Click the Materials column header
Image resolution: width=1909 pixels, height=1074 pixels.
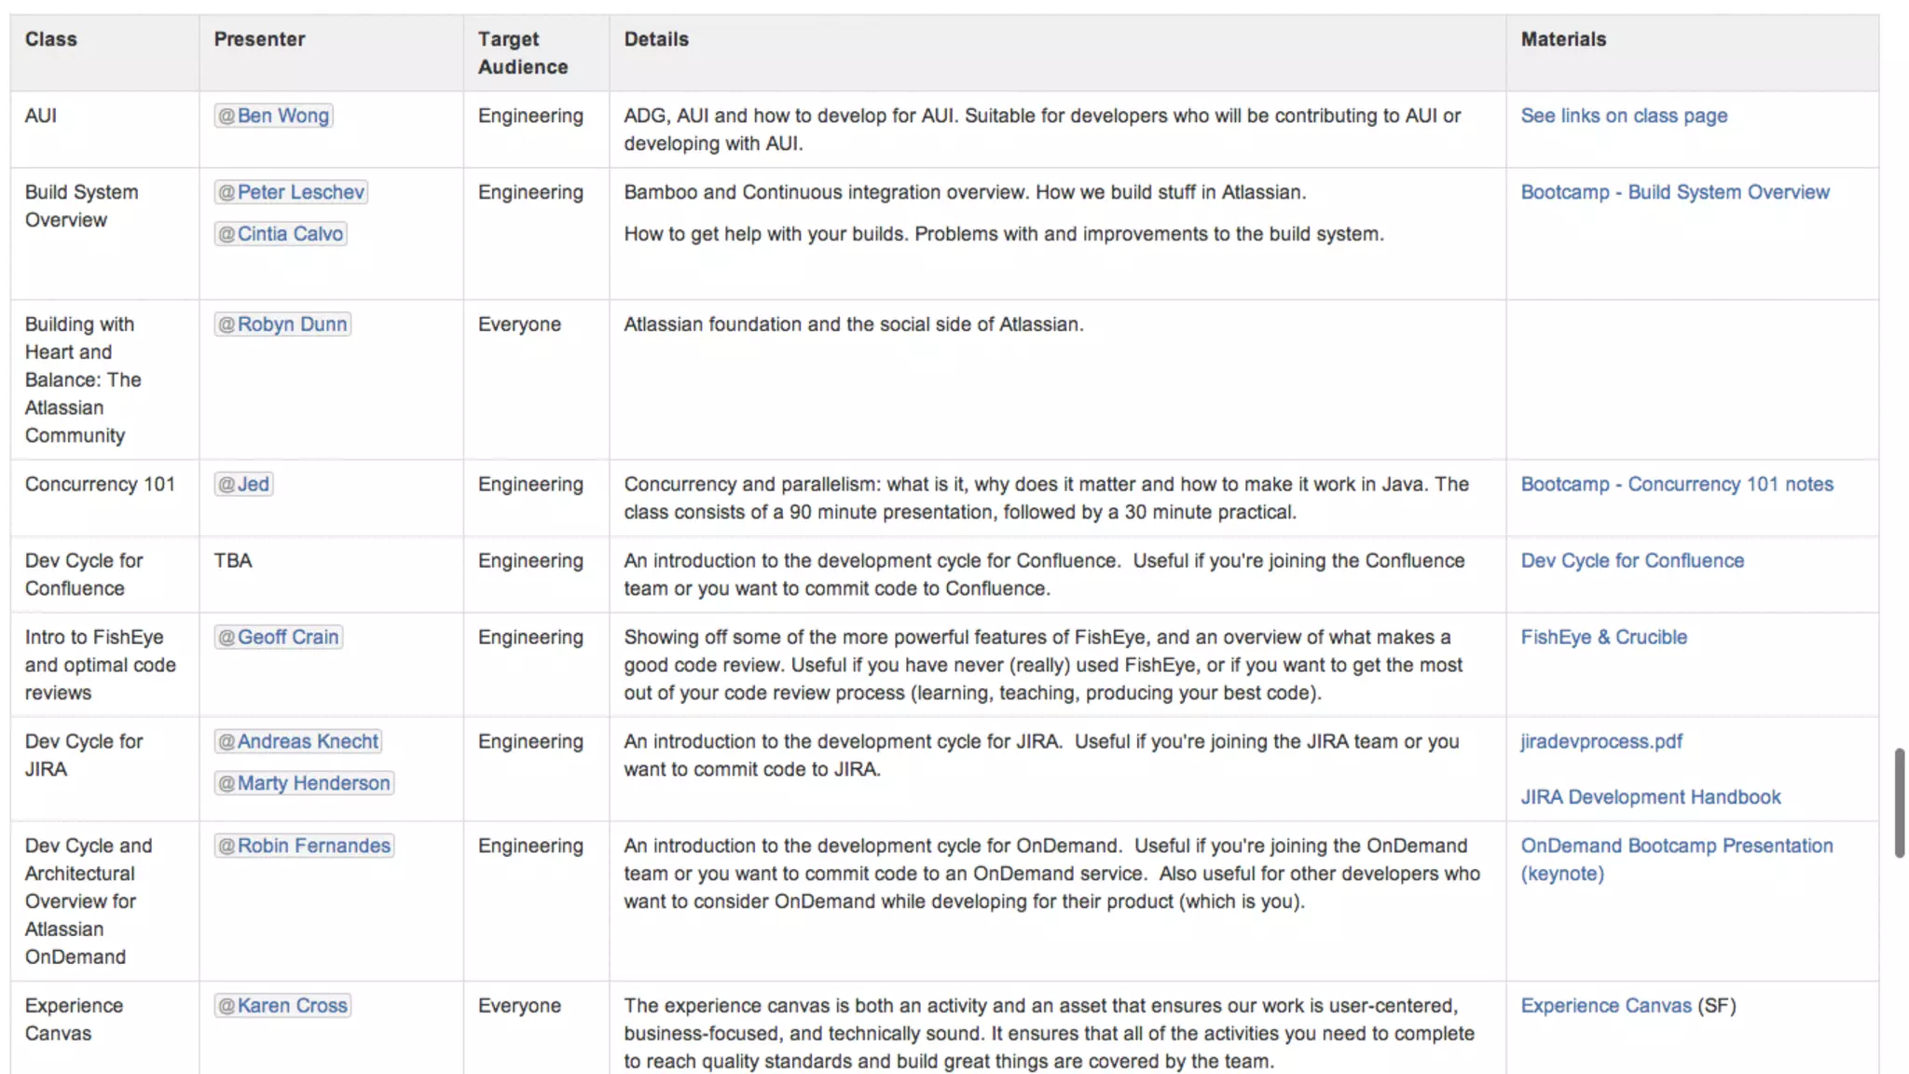point(1563,39)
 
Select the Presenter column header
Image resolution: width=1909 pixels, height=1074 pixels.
point(259,39)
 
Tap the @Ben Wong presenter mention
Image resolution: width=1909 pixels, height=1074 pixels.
point(273,116)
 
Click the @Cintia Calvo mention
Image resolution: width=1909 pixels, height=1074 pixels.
point(281,234)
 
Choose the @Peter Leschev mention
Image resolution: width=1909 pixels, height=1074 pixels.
point(291,192)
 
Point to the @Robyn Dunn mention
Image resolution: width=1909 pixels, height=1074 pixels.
point(282,324)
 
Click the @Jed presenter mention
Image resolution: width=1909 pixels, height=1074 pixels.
point(243,485)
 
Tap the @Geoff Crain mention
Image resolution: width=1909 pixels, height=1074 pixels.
point(279,638)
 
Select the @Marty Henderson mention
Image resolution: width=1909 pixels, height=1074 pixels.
point(304,783)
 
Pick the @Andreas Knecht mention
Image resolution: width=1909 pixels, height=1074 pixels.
point(298,742)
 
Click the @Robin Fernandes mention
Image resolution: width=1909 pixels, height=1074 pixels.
point(304,847)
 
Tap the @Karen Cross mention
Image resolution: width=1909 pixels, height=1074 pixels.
point(282,1006)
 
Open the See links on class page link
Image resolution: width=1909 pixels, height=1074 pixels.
point(1624,116)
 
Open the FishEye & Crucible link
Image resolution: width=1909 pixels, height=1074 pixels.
point(1603,638)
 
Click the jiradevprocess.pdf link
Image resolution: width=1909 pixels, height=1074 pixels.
point(1601,742)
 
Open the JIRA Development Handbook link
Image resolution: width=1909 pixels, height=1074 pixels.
point(1650,797)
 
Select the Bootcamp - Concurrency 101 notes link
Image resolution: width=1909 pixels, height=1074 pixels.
point(1676,485)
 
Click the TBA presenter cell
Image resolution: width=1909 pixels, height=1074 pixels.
point(233,561)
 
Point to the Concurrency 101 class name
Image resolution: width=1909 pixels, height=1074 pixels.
point(100,485)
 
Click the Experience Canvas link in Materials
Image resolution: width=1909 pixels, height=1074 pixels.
point(1605,1006)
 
